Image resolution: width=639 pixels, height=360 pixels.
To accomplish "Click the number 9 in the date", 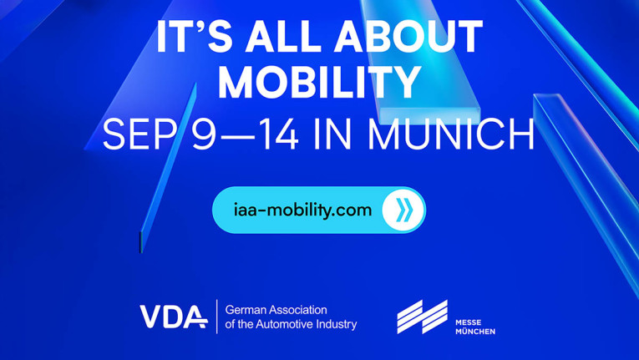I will [x=203, y=134].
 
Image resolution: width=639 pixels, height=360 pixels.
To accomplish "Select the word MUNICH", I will [x=452, y=134].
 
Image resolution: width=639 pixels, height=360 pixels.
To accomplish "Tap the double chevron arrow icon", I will [x=403, y=210].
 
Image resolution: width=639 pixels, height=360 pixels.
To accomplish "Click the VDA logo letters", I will [x=173, y=317].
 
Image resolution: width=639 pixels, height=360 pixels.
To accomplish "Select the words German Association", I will [x=276, y=309].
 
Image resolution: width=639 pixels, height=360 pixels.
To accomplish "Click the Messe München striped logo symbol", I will [x=422, y=317].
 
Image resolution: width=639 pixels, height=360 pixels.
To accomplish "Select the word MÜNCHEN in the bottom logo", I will [x=474, y=332].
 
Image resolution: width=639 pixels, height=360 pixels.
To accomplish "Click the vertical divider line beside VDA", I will [x=217, y=317].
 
